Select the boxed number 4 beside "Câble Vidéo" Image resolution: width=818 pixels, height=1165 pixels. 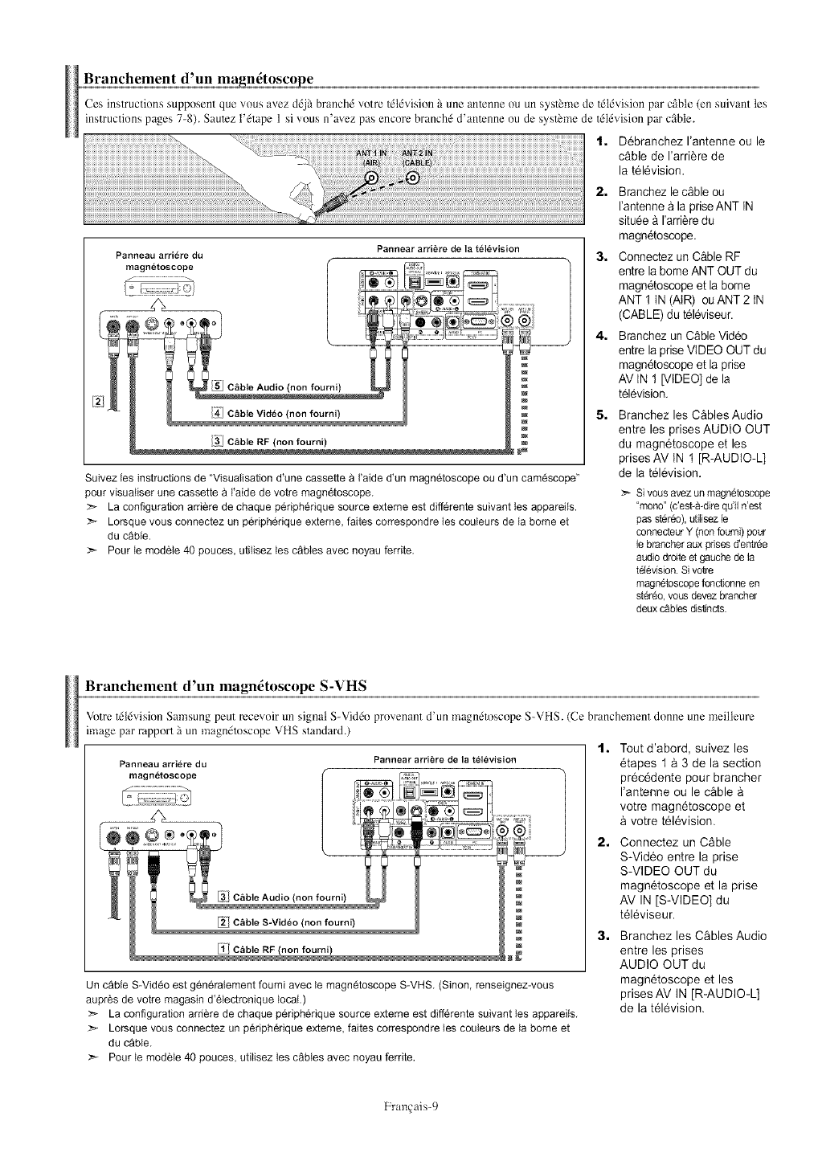(x=216, y=414)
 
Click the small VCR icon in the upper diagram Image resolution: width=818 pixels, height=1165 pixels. (x=157, y=287)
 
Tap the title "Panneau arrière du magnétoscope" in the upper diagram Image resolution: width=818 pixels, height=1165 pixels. (x=158, y=261)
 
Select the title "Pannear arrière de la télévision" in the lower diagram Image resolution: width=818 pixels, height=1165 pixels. (x=444, y=759)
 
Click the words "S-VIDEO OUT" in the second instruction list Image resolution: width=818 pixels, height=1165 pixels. (x=658, y=872)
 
